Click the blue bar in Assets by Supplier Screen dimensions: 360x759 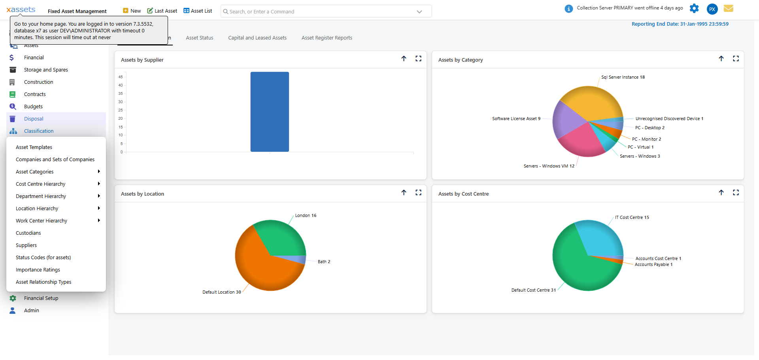(270, 112)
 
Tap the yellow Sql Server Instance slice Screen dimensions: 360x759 (591, 103)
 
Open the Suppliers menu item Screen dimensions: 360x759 (26, 245)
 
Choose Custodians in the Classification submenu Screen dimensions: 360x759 (28, 233)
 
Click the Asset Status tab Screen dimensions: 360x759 (200, 38)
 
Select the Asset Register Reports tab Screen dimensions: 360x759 (327, 38)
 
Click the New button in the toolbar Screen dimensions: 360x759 (132, 11)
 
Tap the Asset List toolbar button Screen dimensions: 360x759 (198, 11)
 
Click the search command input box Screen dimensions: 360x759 (320, 11)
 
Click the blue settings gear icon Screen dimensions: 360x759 (694, 8)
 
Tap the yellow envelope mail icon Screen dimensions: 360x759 (729, 8)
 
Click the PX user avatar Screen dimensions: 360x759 (712, 9)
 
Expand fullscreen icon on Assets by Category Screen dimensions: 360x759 (736, 58)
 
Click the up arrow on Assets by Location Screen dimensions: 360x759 (404, 192)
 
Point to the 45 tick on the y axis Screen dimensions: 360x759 (121, 77)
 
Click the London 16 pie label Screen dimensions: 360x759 (306, 216)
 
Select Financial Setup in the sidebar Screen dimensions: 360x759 (41, 298)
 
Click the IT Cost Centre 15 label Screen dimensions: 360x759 (632, 218)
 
